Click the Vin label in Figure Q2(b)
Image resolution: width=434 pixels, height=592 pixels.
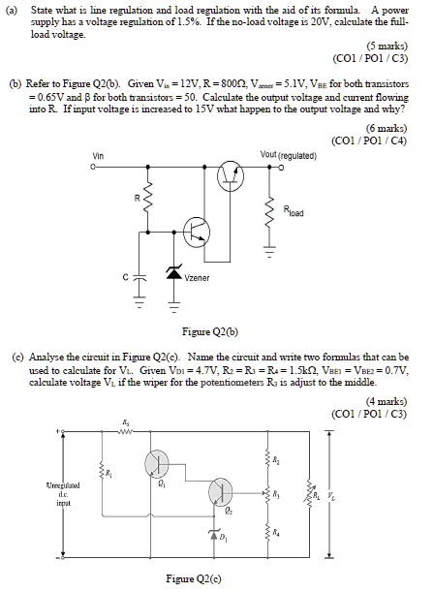coord(98,156)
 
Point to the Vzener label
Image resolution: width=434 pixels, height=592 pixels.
coord(200,278)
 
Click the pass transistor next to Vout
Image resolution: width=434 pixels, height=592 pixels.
coord(230,174)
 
